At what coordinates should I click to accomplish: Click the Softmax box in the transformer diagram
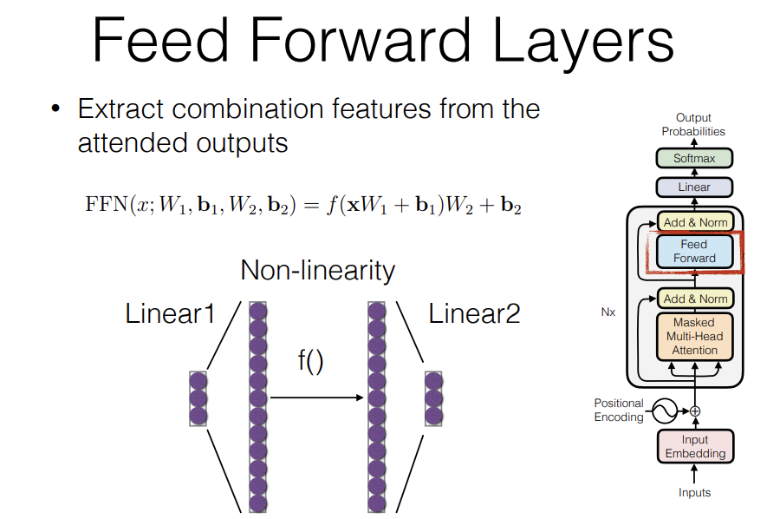tap(694, 159)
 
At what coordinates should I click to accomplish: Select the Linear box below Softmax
tap(694, 187)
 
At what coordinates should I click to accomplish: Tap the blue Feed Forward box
tap(694, 251)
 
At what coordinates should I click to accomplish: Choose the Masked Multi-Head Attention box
tap(694, 336)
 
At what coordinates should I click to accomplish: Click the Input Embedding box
tap(694, 446)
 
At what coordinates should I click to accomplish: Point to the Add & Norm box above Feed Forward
tap(694, 222)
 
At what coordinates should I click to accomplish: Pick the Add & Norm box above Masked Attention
tap(694, 299)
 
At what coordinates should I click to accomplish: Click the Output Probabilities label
tap(693, 124)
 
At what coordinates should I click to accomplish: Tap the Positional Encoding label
tap(619, 410)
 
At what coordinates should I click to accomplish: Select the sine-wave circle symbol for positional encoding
tap(665, 410)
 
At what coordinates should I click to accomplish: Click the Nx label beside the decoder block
tap(608, 312)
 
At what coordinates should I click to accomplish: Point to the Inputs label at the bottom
tap(694, 493)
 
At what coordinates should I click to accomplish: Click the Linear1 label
tap(170, 314)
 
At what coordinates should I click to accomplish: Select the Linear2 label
tap(474, 314)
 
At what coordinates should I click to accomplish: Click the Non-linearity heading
tap(317, 271)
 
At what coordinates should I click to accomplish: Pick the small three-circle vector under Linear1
tap(198, 398)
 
